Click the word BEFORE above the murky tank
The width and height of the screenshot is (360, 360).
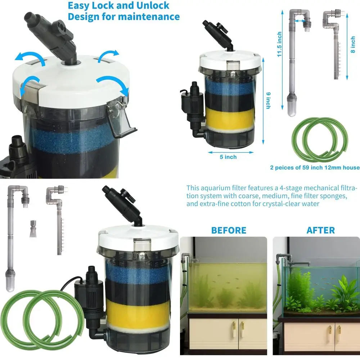(x=229, y=230)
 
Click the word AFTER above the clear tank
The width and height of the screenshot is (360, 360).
(x=320, y=230)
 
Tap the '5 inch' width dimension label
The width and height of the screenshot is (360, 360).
(x=228, y=157)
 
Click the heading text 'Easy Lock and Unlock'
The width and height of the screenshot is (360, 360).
(x=119, y=6)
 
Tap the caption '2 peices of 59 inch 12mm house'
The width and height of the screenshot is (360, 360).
(x=315, y=167)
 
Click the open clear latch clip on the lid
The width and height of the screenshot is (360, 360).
(x=121, y=119)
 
